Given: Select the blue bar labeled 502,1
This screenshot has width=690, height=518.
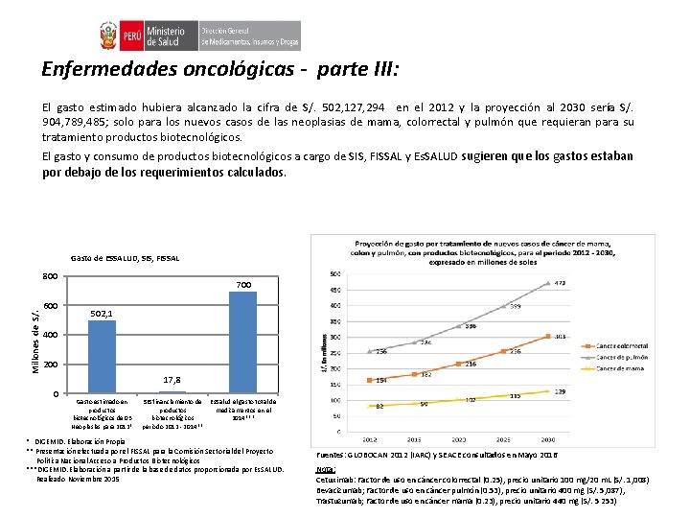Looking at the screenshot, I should pyautogui.click(x=102, y=357).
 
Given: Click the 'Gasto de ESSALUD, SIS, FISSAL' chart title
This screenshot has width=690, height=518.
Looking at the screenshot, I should pyautogui.click(x=139, y=259).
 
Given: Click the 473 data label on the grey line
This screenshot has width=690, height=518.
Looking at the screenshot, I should pyautogui.click(x=560, y=283).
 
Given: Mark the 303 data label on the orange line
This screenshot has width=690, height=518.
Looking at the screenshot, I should pyautogui.click(x=561, y=337).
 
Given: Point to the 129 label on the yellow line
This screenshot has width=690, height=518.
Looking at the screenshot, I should pyautogui.click(x=560, y=391).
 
